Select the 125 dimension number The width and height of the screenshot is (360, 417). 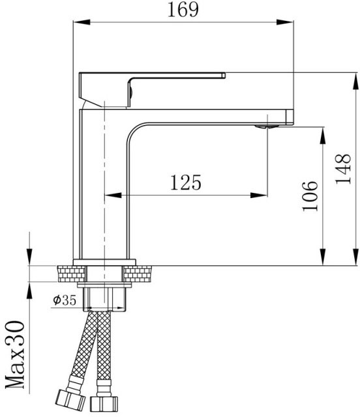pyautogui.click(x=186, y=182)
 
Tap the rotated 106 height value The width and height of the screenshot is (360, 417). pyautogui.click(x=310, y=195)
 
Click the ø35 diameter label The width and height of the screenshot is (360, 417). pyautogui.click(x=65, y=300)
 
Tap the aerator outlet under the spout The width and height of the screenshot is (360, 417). pyautogui.click(x=266, y=126)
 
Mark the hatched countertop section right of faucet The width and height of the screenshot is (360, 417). pyautogui.click(x=140, y=273)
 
